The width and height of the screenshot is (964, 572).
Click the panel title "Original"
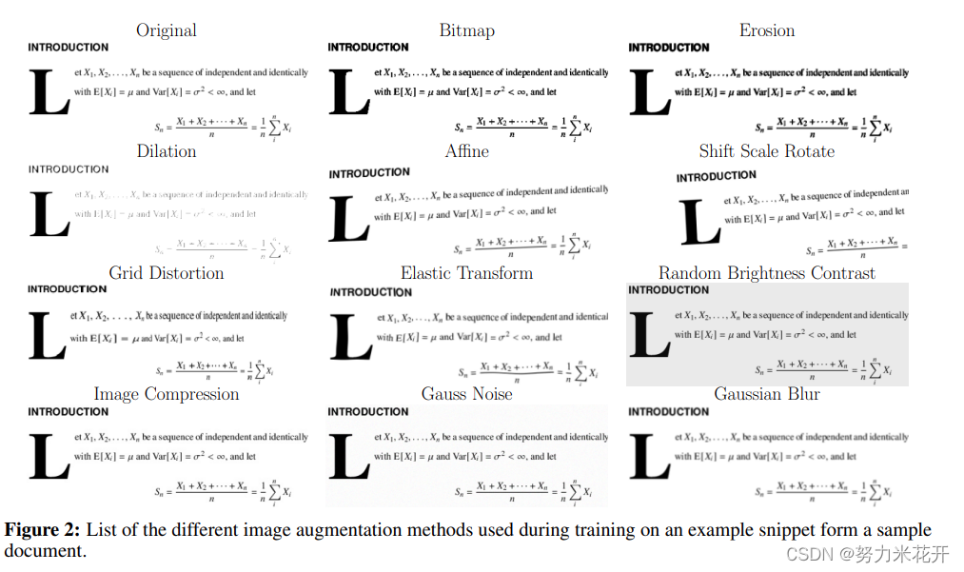pos(167,30)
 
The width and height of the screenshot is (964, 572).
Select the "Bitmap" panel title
pos(466,30)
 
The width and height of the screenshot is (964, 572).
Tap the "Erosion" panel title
pos(766,30)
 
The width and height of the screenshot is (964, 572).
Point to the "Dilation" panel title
pos(167,151)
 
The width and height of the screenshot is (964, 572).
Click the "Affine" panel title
pos(466,151)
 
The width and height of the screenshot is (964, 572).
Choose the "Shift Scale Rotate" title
pos(766,151)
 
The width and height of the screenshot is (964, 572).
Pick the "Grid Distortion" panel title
pos(167,273)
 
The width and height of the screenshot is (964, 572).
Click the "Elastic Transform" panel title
pos(466,273)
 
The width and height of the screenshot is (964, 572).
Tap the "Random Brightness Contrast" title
pos(766,273)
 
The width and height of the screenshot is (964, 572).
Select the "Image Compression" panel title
pos(167,394)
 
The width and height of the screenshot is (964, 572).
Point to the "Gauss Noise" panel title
pos(466,394)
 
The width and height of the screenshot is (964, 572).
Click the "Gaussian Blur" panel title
pos(766,394)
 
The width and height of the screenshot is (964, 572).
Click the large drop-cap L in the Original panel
pos(49,92)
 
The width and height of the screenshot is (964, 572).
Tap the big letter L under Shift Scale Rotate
pos(700,223)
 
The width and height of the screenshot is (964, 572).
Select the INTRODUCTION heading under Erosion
pos(669,48)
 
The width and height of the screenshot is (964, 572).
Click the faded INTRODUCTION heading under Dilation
pos(69,169)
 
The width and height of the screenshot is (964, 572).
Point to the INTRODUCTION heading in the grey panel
pos(669,290)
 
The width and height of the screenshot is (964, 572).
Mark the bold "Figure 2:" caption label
pos(43,530)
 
